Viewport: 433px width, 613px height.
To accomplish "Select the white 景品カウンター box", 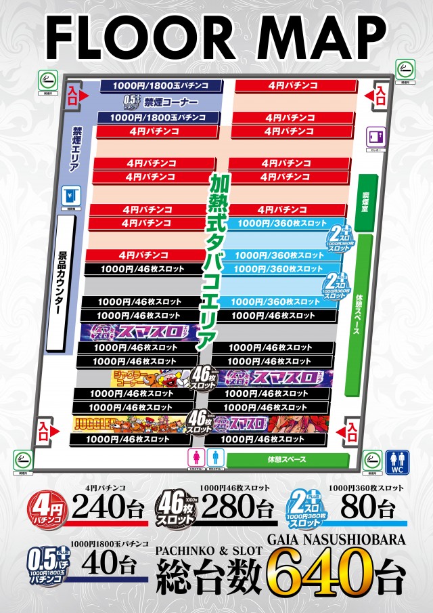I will (60, 284).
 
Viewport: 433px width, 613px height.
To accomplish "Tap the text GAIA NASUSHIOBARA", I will (337, 541).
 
